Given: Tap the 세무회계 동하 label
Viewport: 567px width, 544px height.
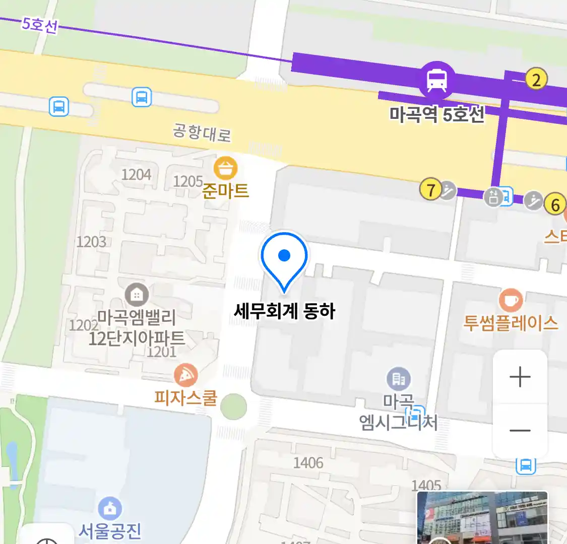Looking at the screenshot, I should coord(284,311).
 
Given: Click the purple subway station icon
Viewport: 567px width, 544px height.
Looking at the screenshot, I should coord(436,80).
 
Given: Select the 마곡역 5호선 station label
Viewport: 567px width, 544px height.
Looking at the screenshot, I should coord(436,115).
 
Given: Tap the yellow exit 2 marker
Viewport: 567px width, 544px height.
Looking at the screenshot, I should coord(536,80).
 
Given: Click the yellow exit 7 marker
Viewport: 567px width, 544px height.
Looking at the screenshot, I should coord(430,190).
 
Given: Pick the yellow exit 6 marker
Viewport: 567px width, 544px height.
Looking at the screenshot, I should coord(555,205).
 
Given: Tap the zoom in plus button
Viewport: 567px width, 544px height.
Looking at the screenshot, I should coord(520,377).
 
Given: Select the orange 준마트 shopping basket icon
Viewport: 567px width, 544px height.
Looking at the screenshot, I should coord(225,168).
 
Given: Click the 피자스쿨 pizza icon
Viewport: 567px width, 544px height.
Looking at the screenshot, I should coord(185,375).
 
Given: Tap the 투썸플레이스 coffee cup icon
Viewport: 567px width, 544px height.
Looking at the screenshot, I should coord(511,301).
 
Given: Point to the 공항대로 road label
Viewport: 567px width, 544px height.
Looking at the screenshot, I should coord(202,133).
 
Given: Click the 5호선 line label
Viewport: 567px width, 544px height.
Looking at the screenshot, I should coord(40,25).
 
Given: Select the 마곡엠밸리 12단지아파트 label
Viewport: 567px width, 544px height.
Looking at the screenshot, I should coord(137,327).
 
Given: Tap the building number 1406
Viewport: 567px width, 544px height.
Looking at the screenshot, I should coord(308,462).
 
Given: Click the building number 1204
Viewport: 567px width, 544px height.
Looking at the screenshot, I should coord(136,174).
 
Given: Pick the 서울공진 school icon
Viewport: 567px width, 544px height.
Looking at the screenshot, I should coord(109,509).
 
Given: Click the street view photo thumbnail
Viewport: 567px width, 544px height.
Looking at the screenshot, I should coord(482,517).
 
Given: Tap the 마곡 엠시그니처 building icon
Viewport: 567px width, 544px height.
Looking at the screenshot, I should coord(399,379).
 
